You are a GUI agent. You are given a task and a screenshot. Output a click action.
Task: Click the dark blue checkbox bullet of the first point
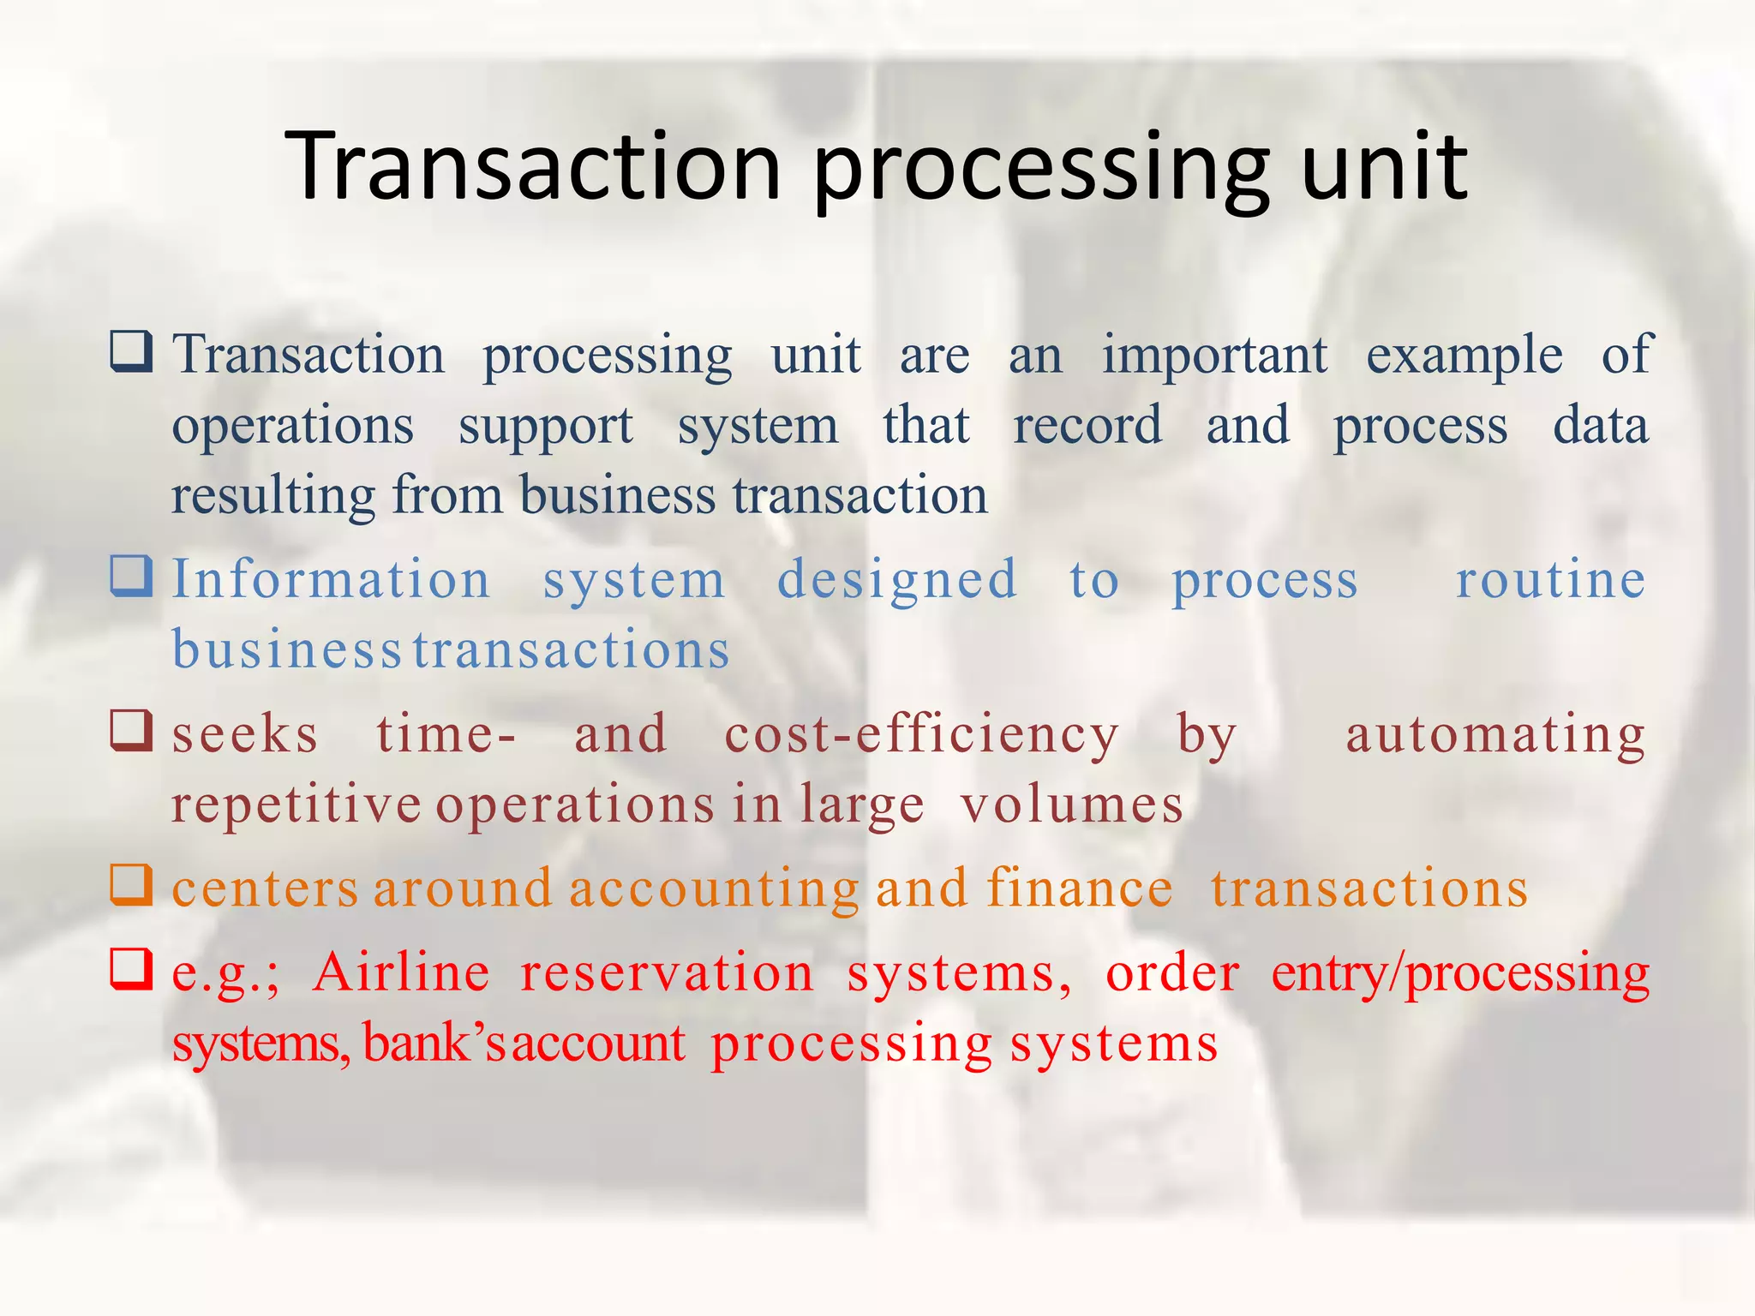coord(131,351)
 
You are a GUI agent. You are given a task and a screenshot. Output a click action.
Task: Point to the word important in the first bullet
coord(1214,356)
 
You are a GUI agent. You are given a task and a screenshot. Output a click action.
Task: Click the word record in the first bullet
coord(1087,426)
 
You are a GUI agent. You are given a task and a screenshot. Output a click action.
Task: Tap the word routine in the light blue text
coord(1550,580)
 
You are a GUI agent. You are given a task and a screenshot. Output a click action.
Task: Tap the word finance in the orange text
coord(1079,888)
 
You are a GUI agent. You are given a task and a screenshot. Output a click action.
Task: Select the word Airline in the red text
coord(401,974)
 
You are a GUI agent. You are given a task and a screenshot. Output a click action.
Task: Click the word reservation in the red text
coord(667,974)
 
